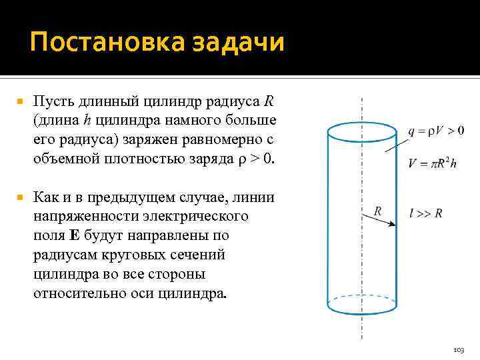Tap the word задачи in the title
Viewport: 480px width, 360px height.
238,43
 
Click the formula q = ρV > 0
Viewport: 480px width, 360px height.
436,131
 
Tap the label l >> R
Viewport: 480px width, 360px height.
427,213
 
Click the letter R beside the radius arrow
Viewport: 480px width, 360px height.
377,211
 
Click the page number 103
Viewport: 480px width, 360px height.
458,349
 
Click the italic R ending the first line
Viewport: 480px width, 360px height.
268,103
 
